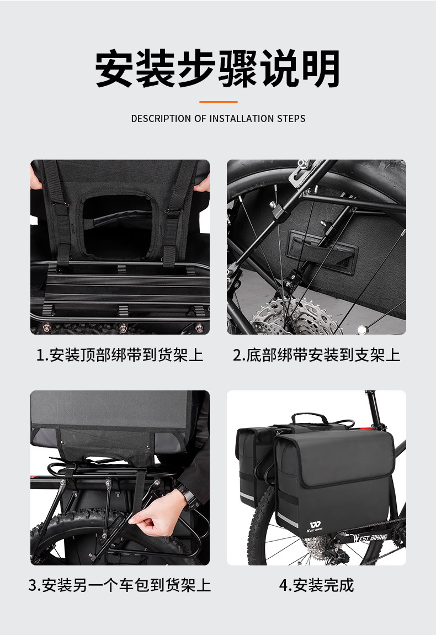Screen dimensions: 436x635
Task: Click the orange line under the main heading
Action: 218,102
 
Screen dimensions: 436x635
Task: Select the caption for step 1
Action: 120,355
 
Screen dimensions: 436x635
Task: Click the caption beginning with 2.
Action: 316,355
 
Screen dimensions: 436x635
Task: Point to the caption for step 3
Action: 120,585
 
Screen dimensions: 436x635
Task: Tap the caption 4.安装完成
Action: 316,585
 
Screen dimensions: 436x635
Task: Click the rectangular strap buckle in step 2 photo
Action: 322,252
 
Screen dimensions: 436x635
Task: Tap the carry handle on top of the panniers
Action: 309,419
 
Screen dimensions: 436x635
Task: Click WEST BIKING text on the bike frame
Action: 370,538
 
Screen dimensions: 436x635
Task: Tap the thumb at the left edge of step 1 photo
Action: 35,178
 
